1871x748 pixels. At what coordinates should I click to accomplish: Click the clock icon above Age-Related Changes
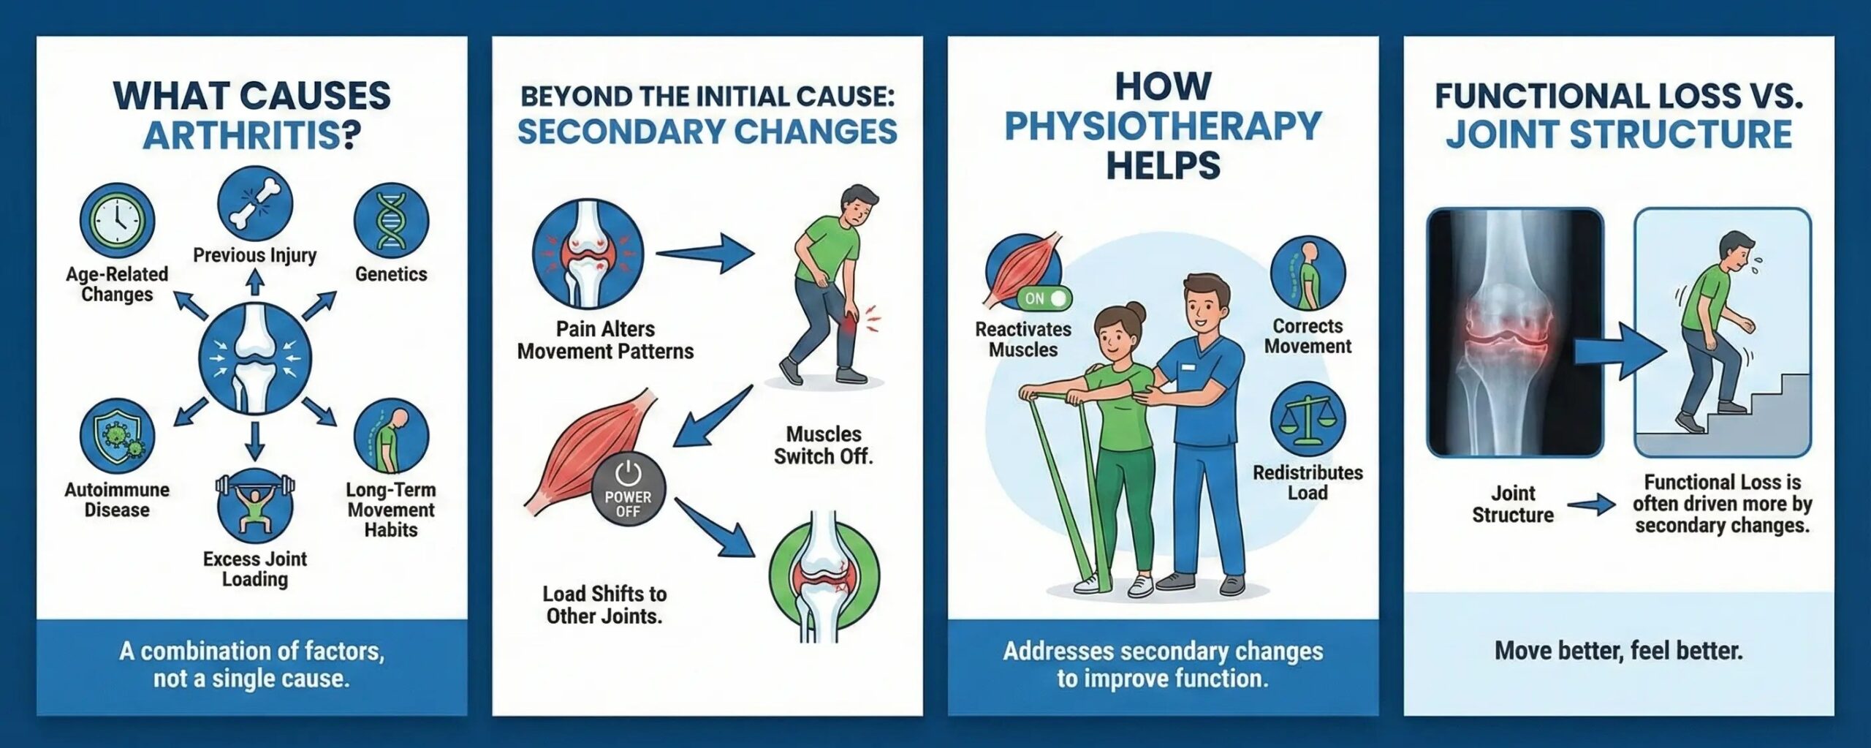click(x=117, y=220)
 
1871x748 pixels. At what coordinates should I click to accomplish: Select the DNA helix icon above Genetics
click(x=391, y=220)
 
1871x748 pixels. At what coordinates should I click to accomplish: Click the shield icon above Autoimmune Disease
click(x=117, y=437)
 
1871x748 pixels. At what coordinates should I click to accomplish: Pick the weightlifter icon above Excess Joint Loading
click(x=254, y=504)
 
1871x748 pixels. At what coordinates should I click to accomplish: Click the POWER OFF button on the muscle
click(x=628, y=491)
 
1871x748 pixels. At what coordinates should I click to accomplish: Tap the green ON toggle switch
click(x=1044, y=298)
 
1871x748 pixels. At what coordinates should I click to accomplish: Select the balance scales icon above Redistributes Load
click(x=1308, y=420)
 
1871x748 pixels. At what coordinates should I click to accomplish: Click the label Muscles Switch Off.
click(x=824, y=445)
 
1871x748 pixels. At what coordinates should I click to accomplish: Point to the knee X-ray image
click(x=1514, y=333)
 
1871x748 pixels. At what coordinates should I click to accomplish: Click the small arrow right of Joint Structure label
click(x=1590, y=505)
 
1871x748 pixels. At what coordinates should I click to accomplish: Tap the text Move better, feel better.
click(x=1618, y=651)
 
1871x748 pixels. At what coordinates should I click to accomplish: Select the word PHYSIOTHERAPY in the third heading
click(x=1162, y=126)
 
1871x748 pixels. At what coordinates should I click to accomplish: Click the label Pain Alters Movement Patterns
click(x=605, y=340)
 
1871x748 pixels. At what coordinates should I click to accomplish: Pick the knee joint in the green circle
click(x=824, y=577)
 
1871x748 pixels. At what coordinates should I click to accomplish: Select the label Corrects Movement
click(x=1308, y=336)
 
